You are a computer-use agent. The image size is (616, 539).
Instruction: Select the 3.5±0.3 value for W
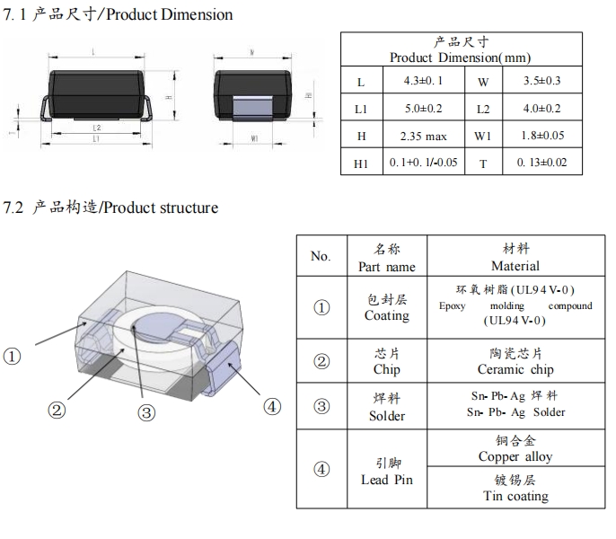pos(541,81)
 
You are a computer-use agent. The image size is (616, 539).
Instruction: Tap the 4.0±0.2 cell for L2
pos(541,109)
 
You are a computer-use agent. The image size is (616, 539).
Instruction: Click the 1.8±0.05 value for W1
pos(541,137)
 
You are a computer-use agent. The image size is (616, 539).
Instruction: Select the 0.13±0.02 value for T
pos(541,163)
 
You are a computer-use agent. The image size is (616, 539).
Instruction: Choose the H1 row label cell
pos(361,163)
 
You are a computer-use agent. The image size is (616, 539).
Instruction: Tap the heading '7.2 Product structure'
pos(110,208)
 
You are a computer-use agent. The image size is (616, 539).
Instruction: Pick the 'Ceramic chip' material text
pos(515,369)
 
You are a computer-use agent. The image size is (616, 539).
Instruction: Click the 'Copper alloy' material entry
pos(515,456)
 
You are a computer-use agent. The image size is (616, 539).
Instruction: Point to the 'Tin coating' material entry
pos(515,496)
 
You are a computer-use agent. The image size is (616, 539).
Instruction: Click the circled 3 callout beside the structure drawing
pos(146,412)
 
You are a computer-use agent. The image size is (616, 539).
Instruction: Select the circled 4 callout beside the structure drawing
pos(272,406)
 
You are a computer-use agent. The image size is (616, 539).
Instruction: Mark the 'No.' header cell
pos(321,256)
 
